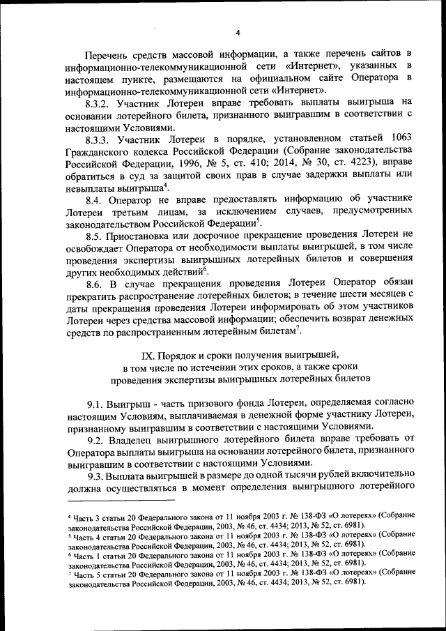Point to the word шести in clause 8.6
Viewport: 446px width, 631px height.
343,298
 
